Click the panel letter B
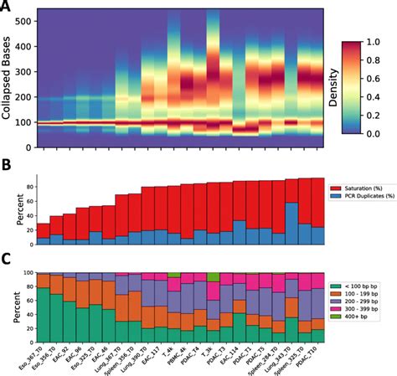click(7, 168)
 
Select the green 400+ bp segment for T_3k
click(214, 276)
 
